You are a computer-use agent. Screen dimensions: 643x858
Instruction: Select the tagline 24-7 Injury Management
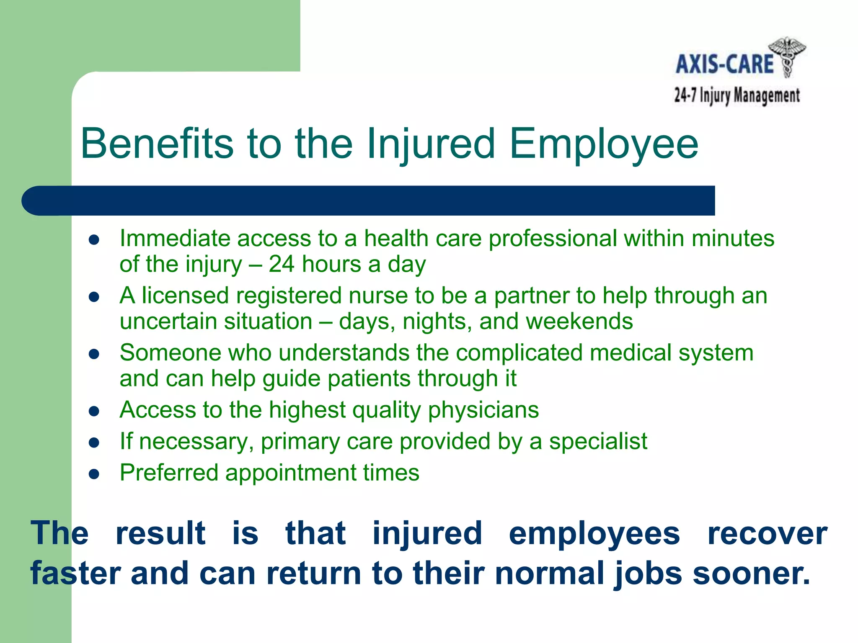tap(737, 96)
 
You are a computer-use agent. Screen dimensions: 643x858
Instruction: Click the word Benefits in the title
tap(157, 144)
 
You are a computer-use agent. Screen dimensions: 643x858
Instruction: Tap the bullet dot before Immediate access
tap(94, 240)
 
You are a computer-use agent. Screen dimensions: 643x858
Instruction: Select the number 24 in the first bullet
tap(282, 264)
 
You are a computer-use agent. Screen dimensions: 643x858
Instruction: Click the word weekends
tap(579, 321)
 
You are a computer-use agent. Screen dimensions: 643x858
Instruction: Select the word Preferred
tap(169, 473)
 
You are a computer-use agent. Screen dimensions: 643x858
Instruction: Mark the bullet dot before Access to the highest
tap(94, 412)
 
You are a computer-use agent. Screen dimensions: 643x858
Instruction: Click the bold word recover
tap(767, 533)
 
